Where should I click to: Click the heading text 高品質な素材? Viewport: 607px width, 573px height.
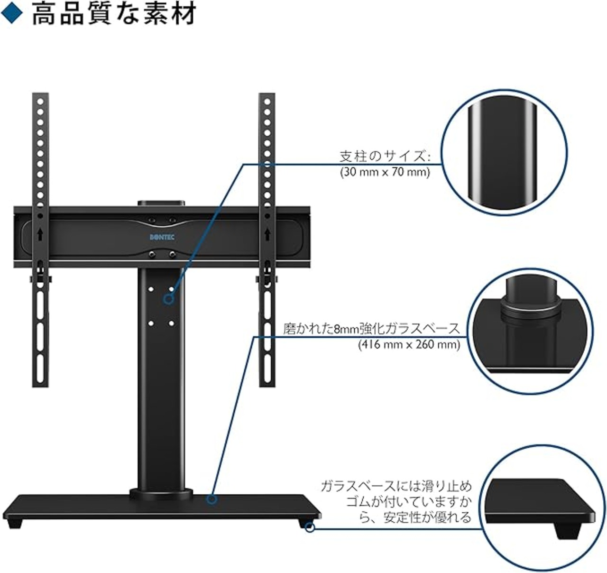114,14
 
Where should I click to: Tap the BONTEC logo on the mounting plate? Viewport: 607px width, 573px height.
162,237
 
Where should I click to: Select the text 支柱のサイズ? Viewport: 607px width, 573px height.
385,157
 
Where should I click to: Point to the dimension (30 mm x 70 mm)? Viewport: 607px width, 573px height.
385,172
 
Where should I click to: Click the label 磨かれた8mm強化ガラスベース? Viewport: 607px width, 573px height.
371,329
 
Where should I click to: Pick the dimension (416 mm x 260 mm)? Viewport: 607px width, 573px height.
409,344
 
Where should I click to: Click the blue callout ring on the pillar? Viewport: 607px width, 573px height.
168,300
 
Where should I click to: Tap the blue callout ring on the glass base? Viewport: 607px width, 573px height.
212,500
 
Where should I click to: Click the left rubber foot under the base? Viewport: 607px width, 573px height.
15,523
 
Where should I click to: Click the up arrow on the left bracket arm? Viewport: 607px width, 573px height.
40,234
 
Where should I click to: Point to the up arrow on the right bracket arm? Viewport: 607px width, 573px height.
267,234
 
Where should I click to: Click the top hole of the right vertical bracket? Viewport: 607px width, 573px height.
267,102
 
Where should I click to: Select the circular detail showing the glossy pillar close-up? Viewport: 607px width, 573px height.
504,152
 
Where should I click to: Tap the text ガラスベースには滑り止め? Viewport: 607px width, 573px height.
396,486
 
